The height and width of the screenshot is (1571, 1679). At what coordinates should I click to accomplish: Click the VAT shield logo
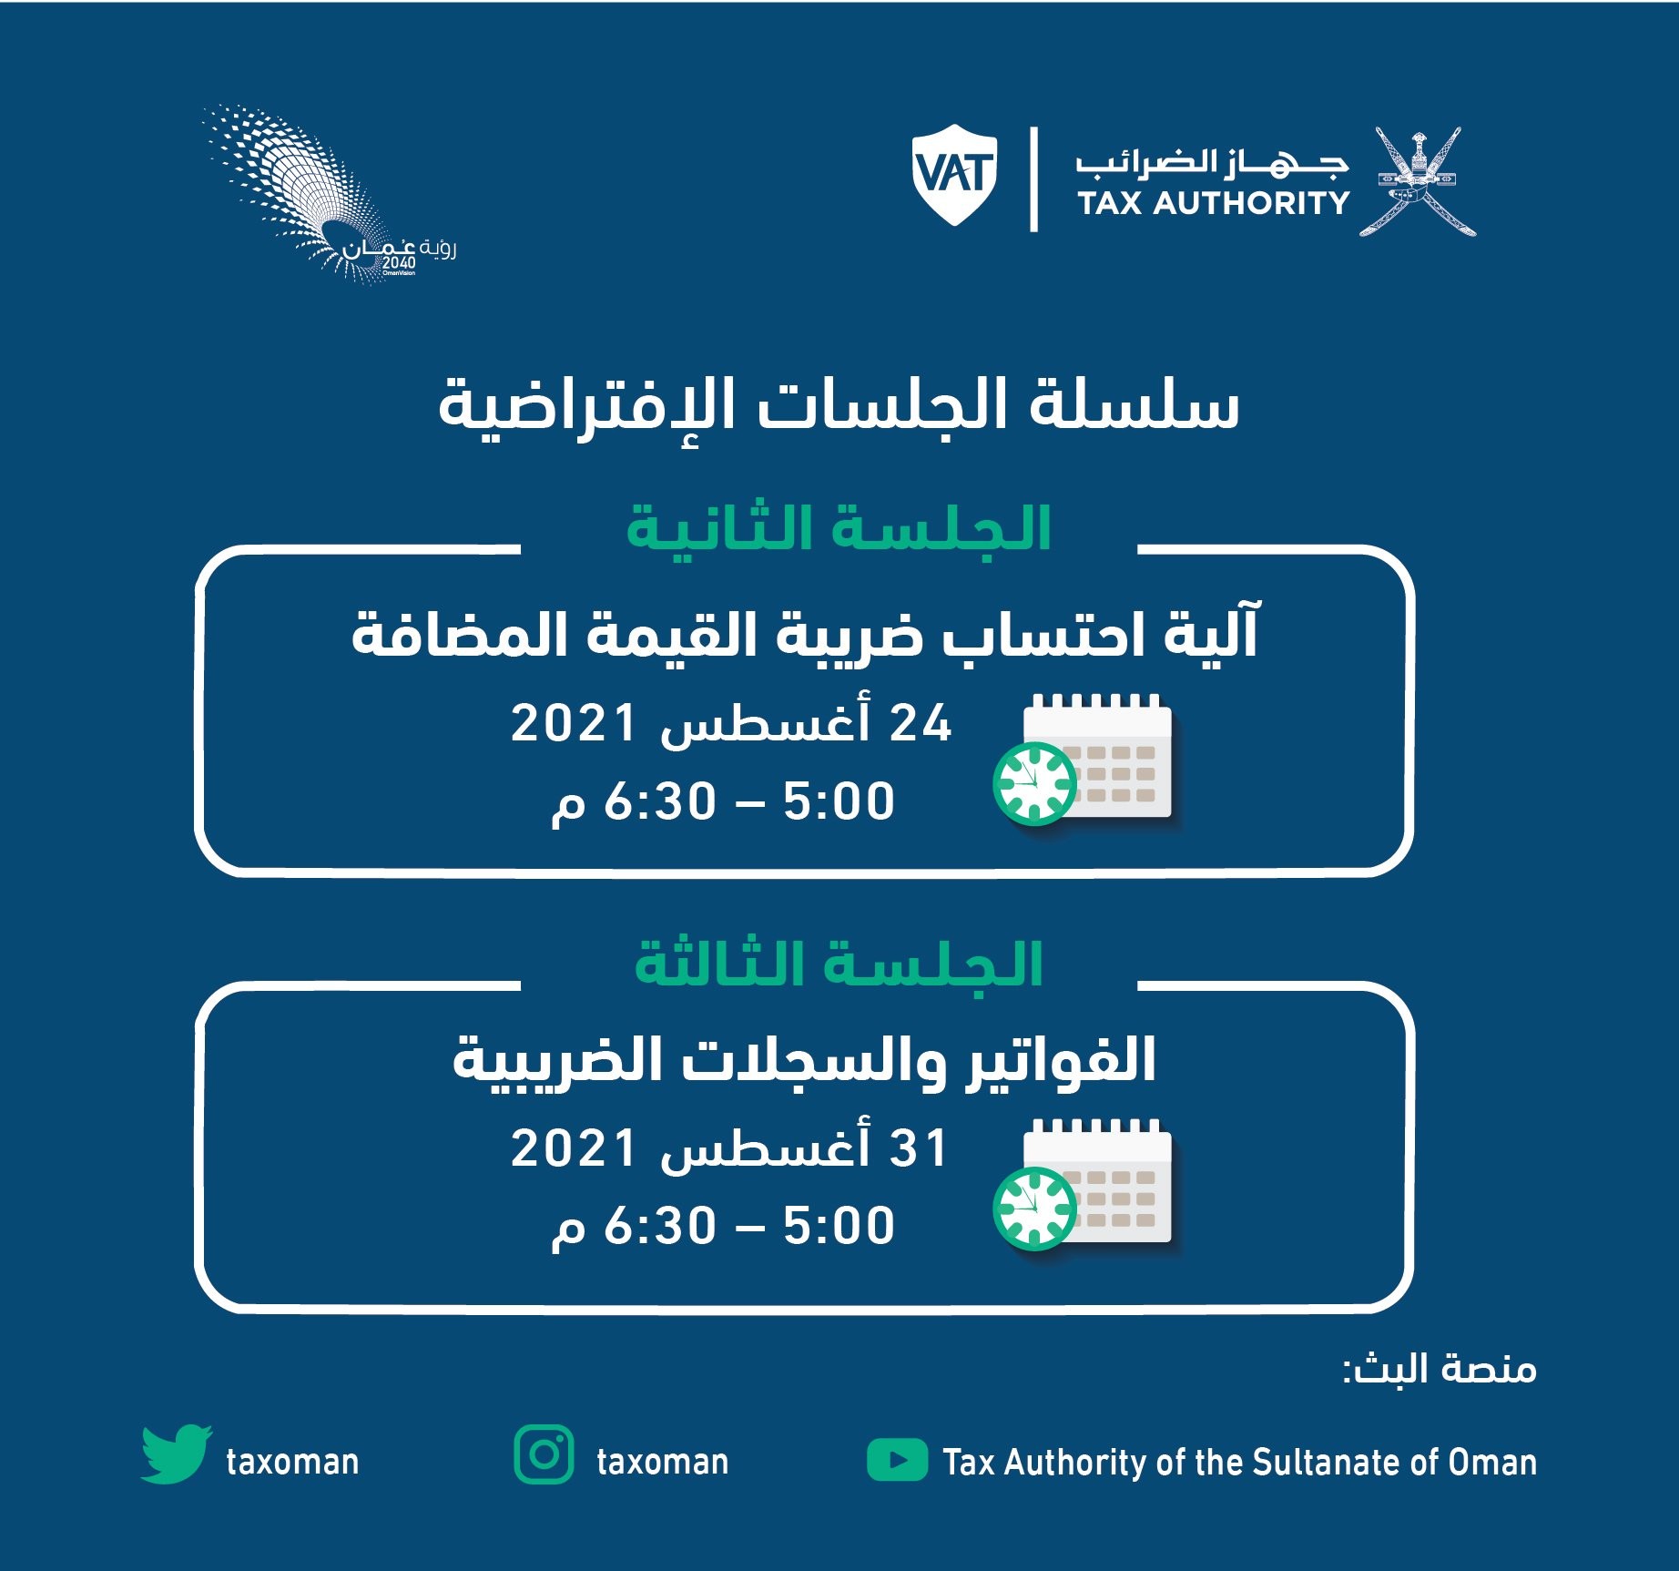(954, 175)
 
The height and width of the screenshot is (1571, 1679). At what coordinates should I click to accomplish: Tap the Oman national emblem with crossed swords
(1417, 181)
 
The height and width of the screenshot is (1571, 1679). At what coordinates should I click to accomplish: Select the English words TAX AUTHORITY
(1213, 203)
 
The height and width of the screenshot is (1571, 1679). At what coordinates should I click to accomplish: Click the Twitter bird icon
(177, 1454)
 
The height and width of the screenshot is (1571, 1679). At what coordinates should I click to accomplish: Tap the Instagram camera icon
(544, 1454)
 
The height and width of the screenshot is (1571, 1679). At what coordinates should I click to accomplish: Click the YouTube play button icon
(897, 1460)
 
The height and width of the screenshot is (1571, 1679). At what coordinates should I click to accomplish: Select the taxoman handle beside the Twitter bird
(292, 1462)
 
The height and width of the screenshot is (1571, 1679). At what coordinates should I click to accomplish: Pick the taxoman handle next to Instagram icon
(662, 1462)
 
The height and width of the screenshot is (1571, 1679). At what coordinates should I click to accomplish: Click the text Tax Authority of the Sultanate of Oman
(1239, 1462)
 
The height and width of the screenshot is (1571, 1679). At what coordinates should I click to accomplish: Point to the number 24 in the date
(921, 724)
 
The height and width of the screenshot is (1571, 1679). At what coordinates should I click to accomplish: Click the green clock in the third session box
(1034, 1208)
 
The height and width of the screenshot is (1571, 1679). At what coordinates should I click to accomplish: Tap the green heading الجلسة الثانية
(839, 527)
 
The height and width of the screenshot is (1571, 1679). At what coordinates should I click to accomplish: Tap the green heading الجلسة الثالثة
(839, 964)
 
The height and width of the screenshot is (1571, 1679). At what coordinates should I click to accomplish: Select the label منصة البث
(1440, 1369)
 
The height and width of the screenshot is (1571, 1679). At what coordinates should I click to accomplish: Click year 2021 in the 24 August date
(574, 724)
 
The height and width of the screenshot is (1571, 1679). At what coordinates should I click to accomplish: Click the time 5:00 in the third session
(839, 1226)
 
